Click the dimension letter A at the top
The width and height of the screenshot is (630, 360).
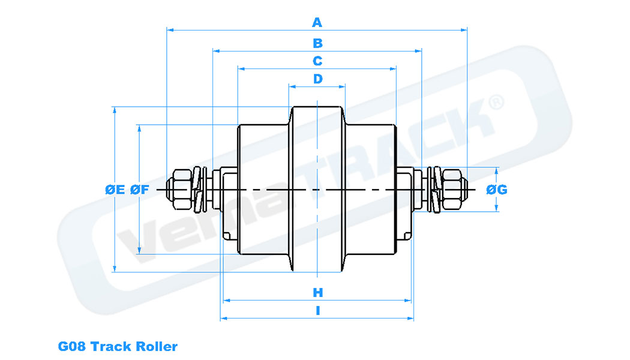[x=317, y=23]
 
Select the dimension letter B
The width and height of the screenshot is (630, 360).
[x=317, y=43]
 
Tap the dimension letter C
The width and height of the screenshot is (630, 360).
[x=317, y=61]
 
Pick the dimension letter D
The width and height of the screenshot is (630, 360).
[x=317, y=79]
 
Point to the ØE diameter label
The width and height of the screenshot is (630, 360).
[x=115, y=190]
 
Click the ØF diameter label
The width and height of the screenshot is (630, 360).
[x=140, y=190]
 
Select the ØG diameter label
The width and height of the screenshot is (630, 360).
[x=497, y=190]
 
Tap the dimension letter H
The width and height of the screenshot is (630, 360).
[x=317, y=293]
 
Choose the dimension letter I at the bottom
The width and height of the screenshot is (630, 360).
[x=317, y=311]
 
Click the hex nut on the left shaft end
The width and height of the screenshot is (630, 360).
[x=179, y=190]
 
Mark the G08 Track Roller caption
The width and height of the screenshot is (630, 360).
[x=118, y=346]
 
